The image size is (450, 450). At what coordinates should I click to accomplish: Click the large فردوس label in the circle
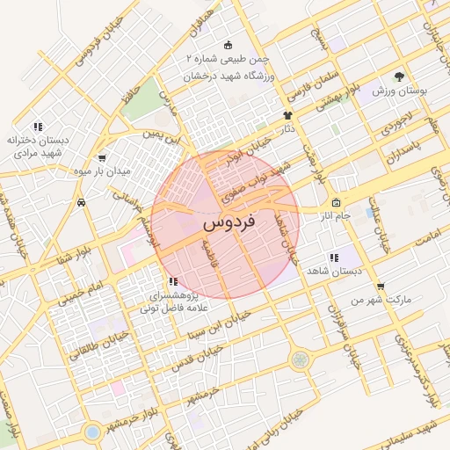coord(228,224)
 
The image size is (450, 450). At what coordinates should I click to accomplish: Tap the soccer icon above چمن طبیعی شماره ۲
coord(229,46)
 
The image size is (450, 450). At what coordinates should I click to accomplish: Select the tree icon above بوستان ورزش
coord(399,76)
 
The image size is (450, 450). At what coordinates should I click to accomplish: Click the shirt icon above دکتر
coord(287,115)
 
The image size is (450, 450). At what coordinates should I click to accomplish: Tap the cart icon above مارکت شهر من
coord(380,286)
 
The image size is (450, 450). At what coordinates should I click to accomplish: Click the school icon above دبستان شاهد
coord(333,258)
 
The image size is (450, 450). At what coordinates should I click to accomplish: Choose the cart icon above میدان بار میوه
coord(103,158)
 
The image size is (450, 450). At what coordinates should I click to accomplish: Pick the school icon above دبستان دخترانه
coord(37,126)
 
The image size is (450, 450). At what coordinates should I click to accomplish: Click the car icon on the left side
coord(81,202)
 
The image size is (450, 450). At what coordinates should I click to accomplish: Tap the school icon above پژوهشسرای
coord(172,282)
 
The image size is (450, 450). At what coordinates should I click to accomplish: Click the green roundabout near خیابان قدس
coord(301,359)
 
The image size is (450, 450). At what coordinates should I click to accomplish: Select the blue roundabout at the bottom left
coord(92,432)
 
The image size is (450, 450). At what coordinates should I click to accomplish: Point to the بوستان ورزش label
coord(399,91)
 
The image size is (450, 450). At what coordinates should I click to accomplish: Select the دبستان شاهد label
coord(334,272)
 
